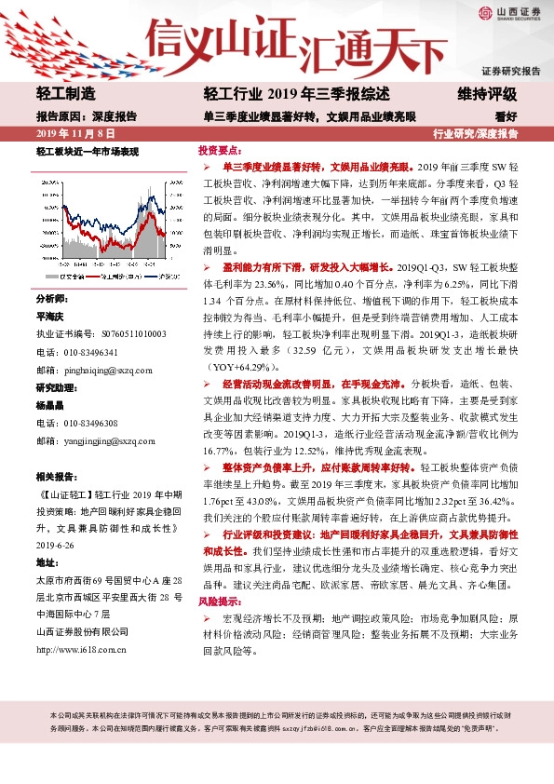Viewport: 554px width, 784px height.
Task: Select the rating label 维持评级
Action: coord(487,94)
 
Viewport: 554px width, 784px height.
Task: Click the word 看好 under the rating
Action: coord(506,116)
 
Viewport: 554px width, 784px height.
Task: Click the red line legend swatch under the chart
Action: coord(95,277)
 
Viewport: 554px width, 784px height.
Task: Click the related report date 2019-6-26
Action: coord(55,546)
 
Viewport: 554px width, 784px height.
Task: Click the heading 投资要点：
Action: coord(220,149)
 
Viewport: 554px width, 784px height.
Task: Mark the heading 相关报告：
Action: coord(58,476)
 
